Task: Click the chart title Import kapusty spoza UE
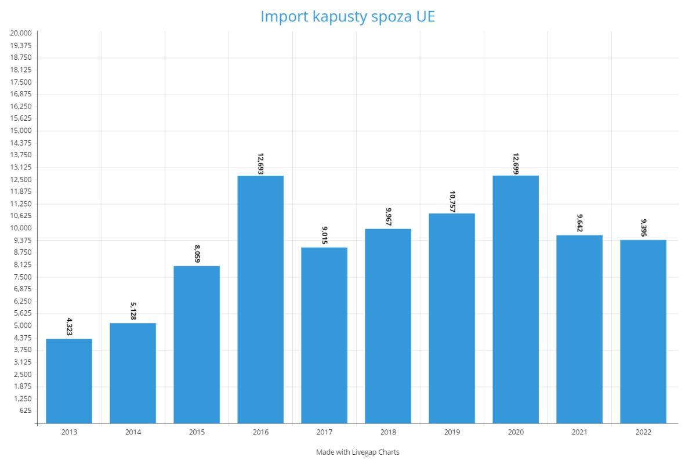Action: pyautogui.click(x=347, y=16)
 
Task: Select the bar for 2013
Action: pyautogui.click(x=69, y=381)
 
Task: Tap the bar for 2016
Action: pyautogui.click(x=260, y=299)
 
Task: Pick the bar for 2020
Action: pyautogui.click(x=516, y=299)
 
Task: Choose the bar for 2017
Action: pyautogui.click(x=324, y=335)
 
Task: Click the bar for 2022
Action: pyautogui.click(x=643, y=332)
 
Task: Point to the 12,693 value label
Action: pyautogui.click(x=260, y=164)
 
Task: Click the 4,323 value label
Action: pyautogui.click(x=69, y=327)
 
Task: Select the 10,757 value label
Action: pyautogui.click(x=452, y=201)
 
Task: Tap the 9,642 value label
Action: pyautogui.click(x=579, y=223)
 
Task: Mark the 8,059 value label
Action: pyautogui.click(x=197, y=254)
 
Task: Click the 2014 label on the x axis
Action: pyautogui.click(x=133, y=432)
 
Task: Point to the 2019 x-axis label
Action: pyautogui.click(x=452, y=432)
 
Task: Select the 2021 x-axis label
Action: pyautogui.click(x=579, y=432)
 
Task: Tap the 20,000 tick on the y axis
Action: pyautogui.click(x=21, y=33)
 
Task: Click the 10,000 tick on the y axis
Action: pyautogui.click(x=21, y=228)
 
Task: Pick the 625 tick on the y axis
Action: pyautogui.click(x=25, y=411)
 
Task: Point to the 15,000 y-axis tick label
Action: pyautogui.click(x=21, y=130)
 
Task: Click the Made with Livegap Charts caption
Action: pyautogui.click(x=358, y=452)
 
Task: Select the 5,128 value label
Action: pyautogui.click(x=133, y=311)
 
